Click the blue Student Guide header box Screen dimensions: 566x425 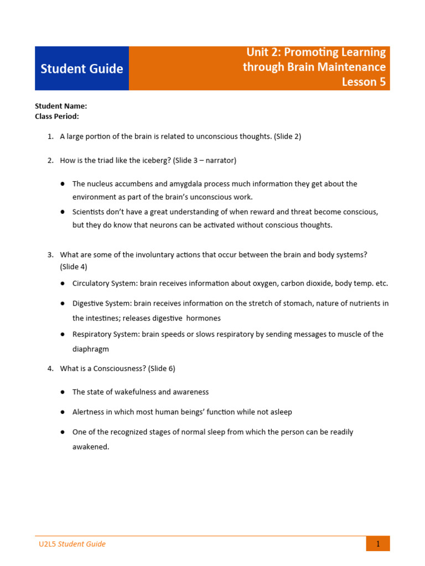82,69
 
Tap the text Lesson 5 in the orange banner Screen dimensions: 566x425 364,82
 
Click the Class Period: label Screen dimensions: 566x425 57,116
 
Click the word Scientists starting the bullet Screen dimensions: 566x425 90,212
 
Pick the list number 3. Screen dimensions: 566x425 50,254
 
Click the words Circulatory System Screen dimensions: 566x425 104,284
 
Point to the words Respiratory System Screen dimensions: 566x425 106,334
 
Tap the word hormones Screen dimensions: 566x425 204,318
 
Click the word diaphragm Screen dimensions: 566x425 91,349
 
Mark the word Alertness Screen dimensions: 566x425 89,412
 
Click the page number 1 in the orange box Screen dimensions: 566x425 378,544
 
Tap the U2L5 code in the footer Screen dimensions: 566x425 47,544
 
